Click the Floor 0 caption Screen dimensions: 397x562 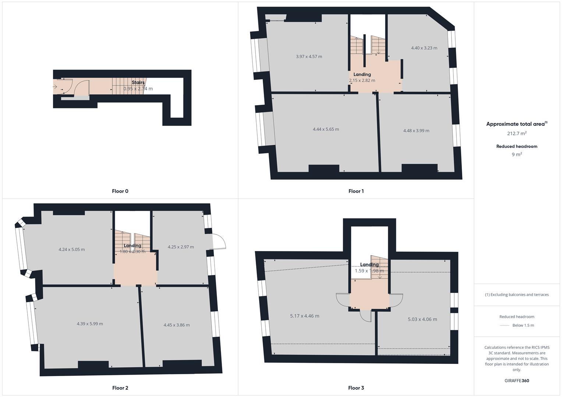coord(120,191)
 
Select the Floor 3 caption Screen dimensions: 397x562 coord(356,388)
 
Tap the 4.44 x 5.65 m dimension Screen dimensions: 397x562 coord(326,129)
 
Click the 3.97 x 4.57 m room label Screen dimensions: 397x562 coord(309,57)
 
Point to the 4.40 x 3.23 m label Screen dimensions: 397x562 coord(424,48)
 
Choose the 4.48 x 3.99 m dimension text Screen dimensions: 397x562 coord(416,131)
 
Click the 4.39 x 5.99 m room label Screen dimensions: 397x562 coord(90,324)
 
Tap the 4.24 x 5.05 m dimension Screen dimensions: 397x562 coord(71,250)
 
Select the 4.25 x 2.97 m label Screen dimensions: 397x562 coord(180,247)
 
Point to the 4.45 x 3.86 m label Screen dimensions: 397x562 coord(177,325)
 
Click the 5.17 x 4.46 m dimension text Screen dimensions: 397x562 coord(304,316)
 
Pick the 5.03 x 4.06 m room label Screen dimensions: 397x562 coord(422,319)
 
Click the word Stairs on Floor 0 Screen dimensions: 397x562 coord(138,83)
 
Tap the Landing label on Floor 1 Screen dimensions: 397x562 coord(362,75)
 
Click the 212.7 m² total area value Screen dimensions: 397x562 coord(516,134)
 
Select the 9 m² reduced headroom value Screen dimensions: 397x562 coord(516,155)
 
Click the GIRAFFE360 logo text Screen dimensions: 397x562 coord(516,381)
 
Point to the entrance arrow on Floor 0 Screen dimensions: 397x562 coord(55,87)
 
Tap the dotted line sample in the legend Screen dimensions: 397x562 coord(505,325)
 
